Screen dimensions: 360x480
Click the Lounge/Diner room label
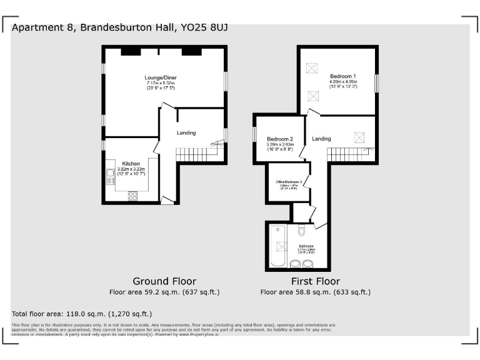161,77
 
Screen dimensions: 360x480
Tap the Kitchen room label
131,163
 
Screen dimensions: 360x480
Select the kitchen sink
111,176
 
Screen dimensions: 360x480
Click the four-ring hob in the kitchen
132,195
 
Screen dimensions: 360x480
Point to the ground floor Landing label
186,132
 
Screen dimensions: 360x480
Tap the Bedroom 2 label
279,139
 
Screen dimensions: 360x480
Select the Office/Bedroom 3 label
289,182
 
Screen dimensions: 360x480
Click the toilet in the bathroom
302,232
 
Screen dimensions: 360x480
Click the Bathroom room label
306,246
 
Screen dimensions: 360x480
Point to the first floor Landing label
321,138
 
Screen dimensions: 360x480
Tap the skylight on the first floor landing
359,136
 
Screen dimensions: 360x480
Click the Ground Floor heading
164,281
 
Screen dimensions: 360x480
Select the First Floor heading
316,281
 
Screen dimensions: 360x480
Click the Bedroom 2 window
255,134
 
